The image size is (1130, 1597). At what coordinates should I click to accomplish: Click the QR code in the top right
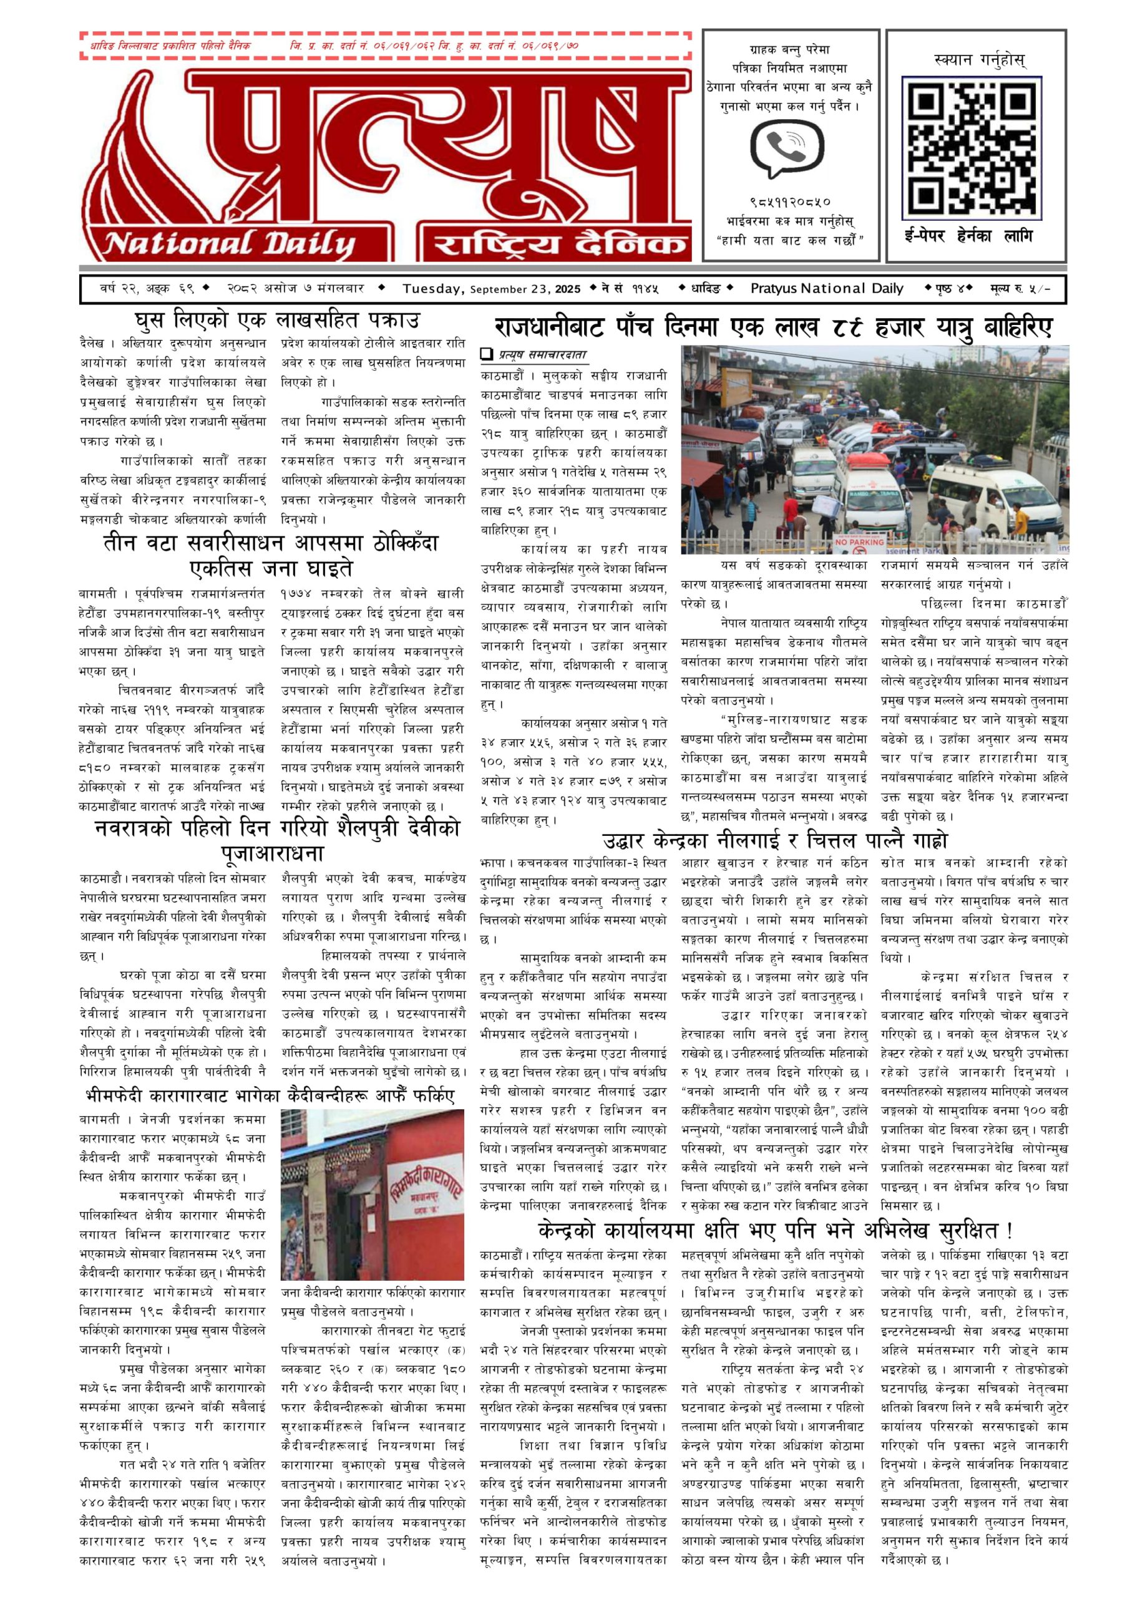[972, 147]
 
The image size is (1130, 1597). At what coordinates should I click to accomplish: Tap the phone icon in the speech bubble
[786, 146]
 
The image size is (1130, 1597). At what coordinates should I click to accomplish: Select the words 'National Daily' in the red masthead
[230, 243]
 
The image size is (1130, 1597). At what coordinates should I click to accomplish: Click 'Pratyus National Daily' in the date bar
[827, 289]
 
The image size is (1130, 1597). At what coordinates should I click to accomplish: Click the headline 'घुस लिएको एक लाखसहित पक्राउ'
[277, 321]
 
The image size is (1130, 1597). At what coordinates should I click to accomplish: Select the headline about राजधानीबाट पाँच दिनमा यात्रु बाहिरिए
[773, 327]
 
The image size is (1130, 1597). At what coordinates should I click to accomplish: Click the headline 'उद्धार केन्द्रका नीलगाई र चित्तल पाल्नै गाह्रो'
[774, 841]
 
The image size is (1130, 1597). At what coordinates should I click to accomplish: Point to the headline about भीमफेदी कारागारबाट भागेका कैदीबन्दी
[270, 1097]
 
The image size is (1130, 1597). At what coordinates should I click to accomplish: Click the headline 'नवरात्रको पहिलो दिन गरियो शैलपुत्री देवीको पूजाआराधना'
[277, 841]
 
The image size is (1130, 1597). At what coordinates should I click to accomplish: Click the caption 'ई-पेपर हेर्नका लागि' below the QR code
[968, 236]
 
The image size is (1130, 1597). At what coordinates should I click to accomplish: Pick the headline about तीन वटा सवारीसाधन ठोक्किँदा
[271, 555]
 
